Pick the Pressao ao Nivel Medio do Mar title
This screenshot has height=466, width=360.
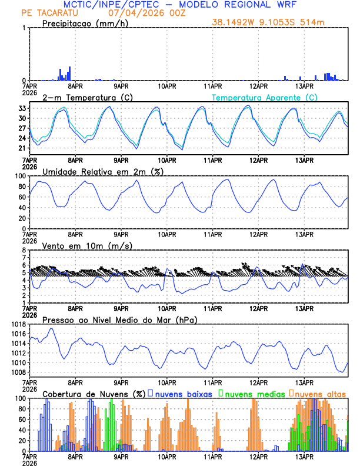[x=119, y=319]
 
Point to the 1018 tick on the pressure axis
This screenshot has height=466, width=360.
[x=18, y=324]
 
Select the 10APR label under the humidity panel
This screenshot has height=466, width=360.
[x=167, y=234]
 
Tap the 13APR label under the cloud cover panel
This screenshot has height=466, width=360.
[x=304, y=456]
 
